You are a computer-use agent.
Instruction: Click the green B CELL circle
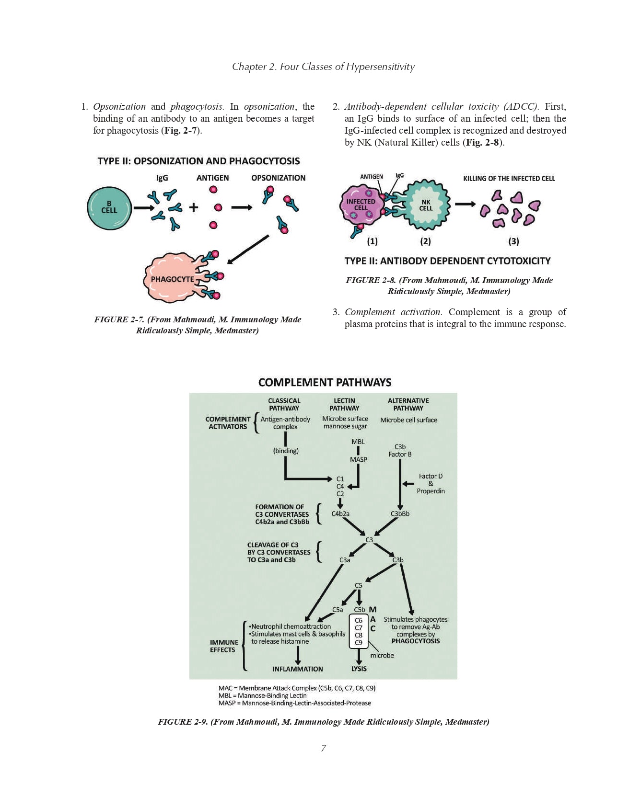coord(109,208)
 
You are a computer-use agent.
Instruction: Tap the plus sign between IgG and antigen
coord(193,207)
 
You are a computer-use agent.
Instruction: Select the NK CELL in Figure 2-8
coord(426,205)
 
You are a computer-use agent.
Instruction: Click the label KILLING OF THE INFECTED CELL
coord(509,179)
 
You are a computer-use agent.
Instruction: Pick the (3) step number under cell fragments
coord(513,241)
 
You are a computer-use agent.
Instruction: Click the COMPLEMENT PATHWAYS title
coord(325,382)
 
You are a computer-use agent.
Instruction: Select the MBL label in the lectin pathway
coord(358,442)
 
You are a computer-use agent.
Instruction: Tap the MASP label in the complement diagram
coord(358,459)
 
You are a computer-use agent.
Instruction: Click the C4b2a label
coord(340,514)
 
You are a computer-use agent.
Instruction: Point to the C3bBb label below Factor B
coord(400,514)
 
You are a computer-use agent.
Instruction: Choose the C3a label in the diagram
coord(345,560)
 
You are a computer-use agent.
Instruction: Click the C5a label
coord(338,610)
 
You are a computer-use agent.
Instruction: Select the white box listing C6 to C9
coord(359,631)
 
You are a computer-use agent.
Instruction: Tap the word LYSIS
coord(359,669)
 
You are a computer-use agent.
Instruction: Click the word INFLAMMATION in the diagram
coord(298,669)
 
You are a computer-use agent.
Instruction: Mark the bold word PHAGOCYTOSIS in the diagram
coord(415,641)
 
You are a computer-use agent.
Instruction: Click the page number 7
coord(324,748)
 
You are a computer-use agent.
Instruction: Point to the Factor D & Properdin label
coord(431,484)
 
